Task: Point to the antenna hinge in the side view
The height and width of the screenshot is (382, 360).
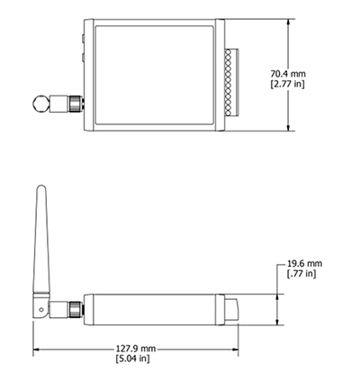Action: click(x=41, y=308)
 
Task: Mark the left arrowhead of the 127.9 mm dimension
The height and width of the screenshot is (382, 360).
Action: click(x=37, y=349)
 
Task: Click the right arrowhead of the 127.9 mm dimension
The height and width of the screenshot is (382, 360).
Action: click(x=238, y=349)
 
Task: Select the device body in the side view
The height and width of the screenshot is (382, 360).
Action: click(x=153, y=308)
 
